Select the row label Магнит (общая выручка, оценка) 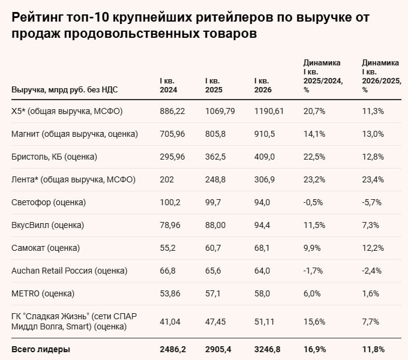[x=75, y=134]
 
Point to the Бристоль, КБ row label [x=55, y=157]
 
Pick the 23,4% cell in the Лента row [x=373, y=179]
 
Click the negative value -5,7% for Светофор [x=373, y=202]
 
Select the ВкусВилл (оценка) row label [x=48, y=225]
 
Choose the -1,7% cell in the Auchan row [x=314, y=271]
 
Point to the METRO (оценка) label [x=43, y=293]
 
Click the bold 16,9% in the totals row [x=314, y=349]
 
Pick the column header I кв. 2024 [x=169, y=85]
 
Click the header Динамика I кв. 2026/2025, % [x=381, y=76]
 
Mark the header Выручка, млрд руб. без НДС [x=65, y=90]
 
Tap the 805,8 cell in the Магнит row [x=217, y=134]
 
